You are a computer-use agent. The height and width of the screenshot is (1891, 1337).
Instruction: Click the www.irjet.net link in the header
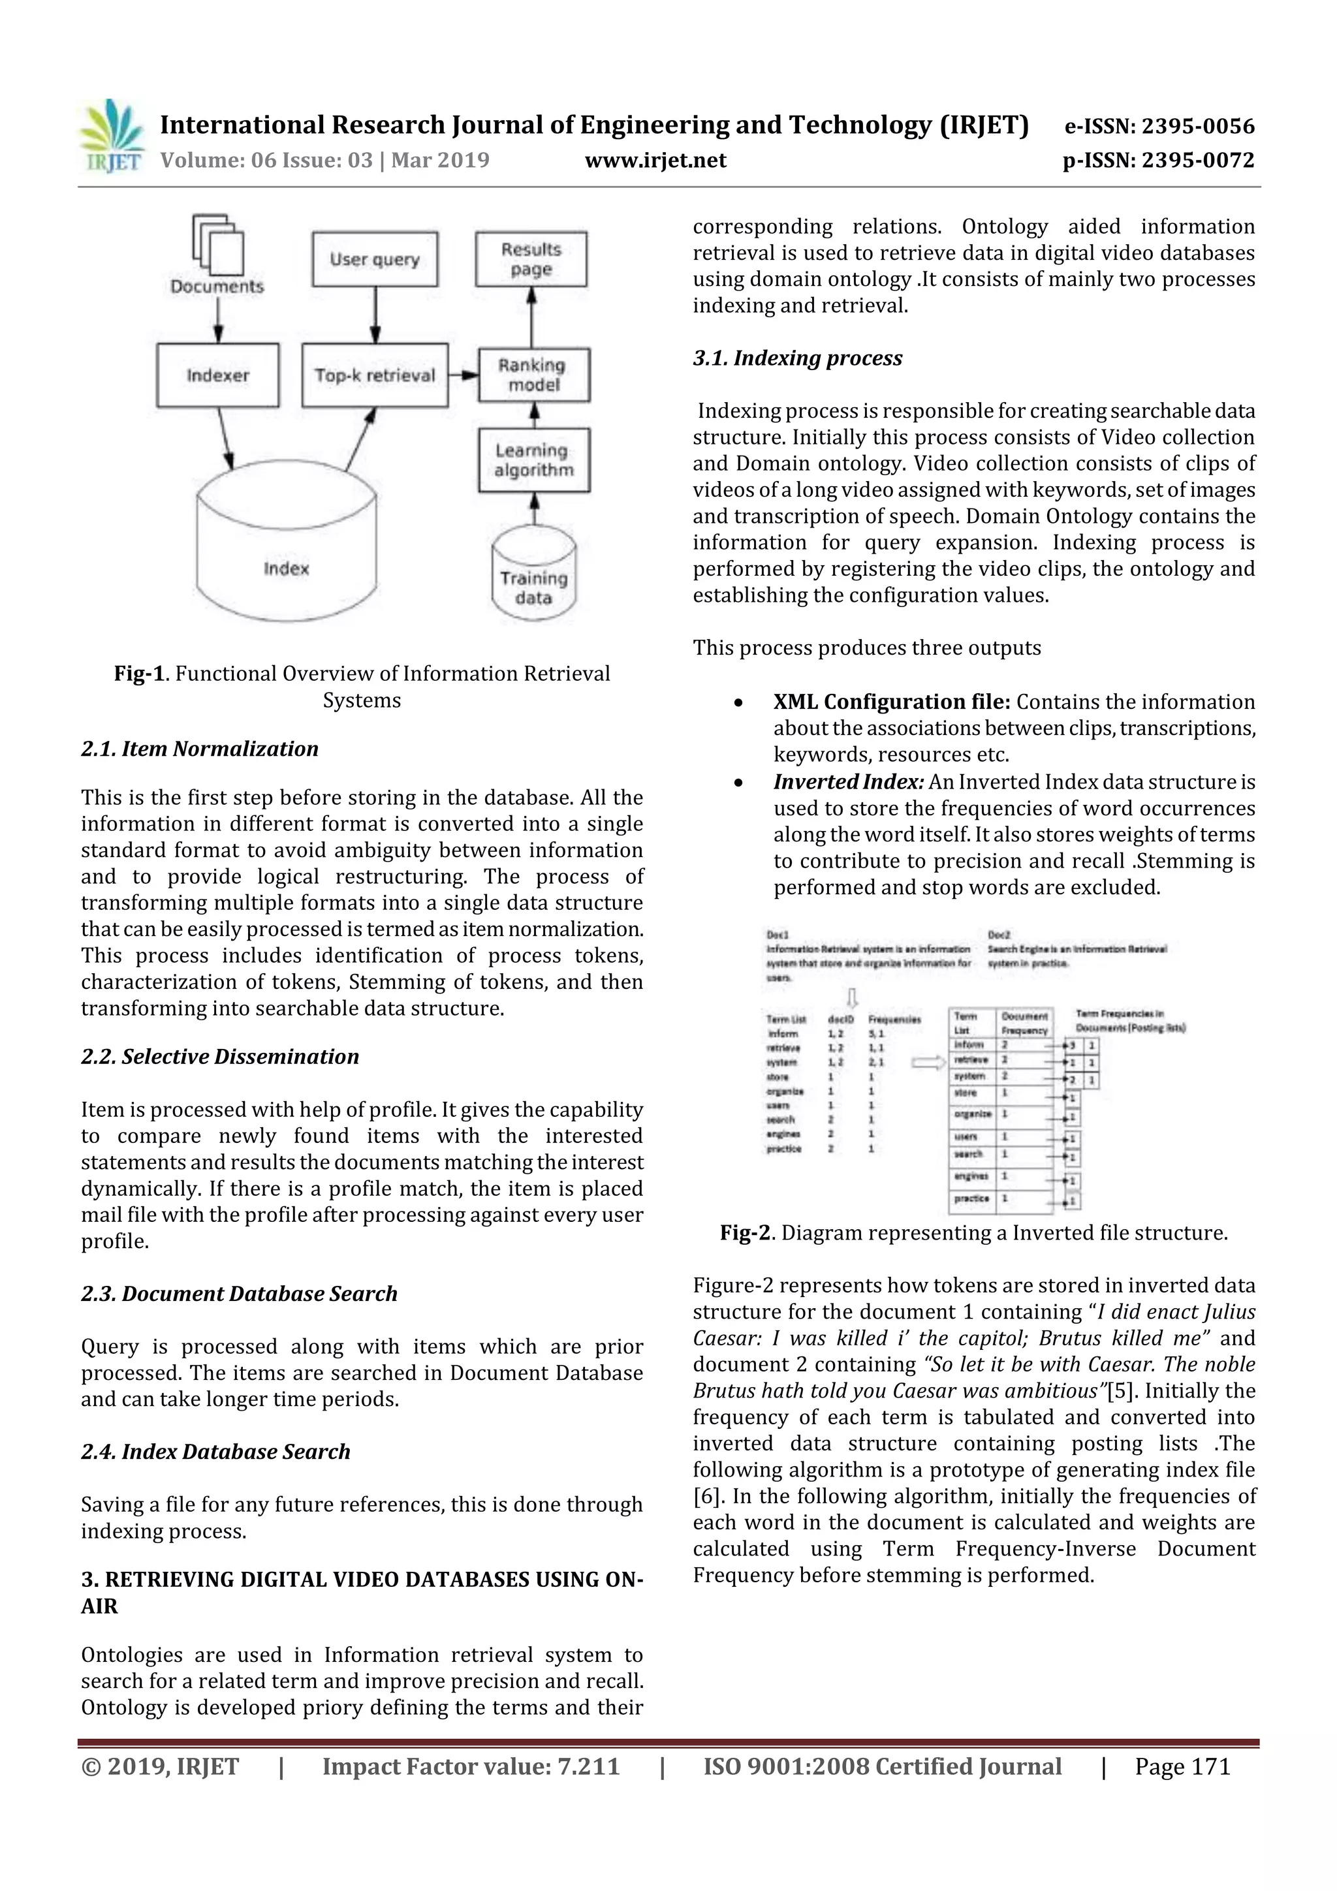(655, 160)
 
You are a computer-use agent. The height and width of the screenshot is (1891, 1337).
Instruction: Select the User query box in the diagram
(375, 259)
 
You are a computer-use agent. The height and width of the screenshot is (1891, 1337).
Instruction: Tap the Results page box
(531, 259)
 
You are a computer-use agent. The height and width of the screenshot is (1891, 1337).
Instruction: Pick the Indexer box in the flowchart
(217, 375)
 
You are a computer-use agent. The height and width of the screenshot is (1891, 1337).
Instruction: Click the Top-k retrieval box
(375, 375)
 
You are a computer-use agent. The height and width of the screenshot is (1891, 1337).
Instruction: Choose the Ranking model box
(534, 375)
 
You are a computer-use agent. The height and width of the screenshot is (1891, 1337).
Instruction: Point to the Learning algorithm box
(534, 460)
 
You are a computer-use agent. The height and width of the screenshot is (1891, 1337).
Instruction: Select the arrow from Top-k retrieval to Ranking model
(463, 375)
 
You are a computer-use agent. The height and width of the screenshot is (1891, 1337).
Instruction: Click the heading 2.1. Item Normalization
(199, 749)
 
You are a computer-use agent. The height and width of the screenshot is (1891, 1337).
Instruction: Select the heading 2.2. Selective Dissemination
(220, 1057)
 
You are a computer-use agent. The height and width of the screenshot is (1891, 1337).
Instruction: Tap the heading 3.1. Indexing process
(797, 358)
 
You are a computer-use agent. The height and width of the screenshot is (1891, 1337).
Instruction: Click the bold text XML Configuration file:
(891, 702)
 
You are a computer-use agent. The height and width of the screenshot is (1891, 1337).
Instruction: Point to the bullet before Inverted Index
(739, 783)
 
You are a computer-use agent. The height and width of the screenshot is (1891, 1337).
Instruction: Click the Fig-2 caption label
(746, 1233)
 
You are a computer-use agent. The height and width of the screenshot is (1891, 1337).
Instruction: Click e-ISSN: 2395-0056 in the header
(1159, 126)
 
